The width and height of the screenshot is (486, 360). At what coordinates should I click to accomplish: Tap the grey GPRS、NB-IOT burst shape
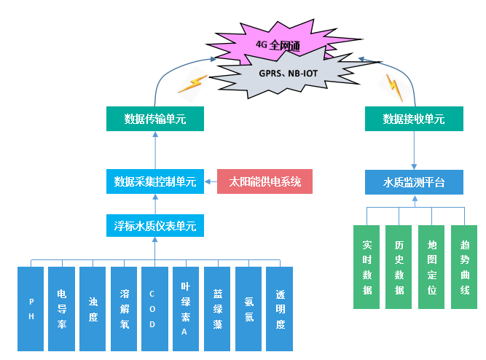(x=288, y=74)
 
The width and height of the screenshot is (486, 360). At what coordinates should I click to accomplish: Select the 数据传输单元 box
(x=155, y=119)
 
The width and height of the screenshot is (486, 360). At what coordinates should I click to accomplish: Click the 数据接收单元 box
(x=414, y=119)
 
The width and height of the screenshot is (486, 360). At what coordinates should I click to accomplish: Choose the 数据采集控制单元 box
(x=155, y=181)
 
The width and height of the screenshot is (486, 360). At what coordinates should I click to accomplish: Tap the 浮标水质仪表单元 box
(x=155, y=225)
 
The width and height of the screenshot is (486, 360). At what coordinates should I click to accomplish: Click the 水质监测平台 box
(x=414, y=181)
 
